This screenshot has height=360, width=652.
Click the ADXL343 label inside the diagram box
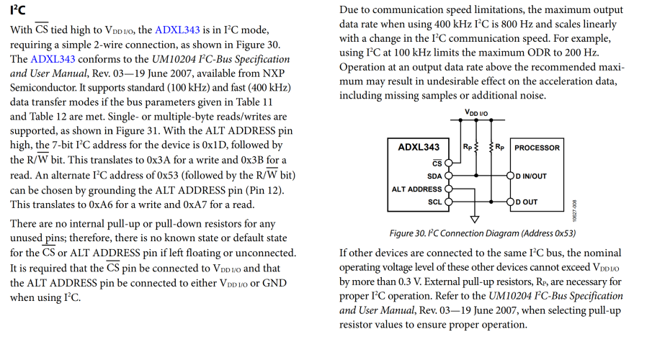pos(419,148)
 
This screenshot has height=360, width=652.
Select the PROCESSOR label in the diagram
pos(537,148)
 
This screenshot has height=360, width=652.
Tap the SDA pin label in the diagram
pos(434,175)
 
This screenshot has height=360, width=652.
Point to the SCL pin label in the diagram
pos(434,202)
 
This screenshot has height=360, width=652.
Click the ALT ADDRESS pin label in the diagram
pos(416,189)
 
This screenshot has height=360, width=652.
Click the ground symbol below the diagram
pos(474,219)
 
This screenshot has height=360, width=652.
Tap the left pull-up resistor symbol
pos(475,148)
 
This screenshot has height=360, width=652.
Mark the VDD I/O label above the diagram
pos(475,113)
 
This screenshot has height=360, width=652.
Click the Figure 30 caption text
pos(482,233)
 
